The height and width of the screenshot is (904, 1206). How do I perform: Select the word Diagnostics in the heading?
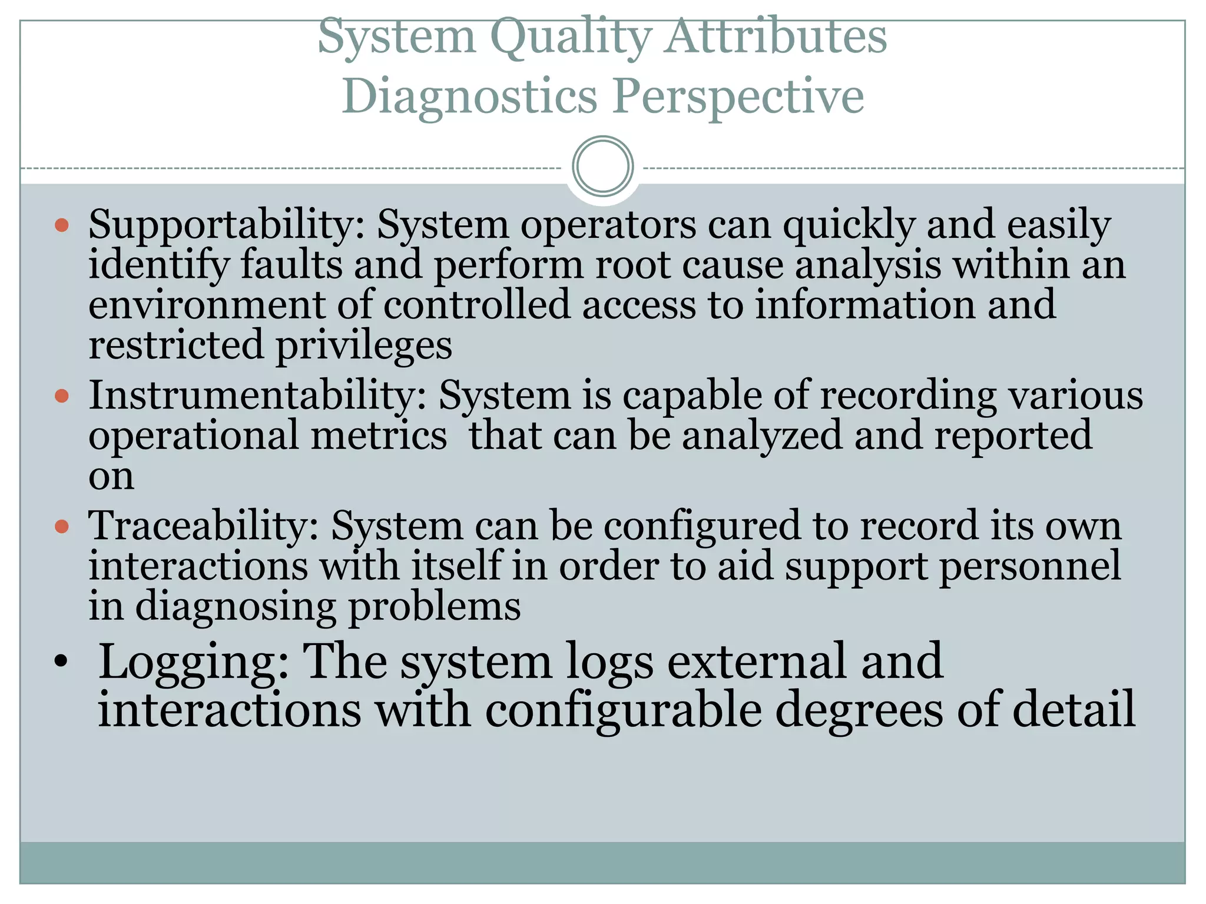point(470,97)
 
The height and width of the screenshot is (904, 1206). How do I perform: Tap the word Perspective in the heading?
point(738,97)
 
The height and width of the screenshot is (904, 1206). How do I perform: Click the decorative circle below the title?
point(602,167)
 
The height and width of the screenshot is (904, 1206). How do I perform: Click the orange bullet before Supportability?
point(62,225)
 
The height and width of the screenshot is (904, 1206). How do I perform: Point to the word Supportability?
point(227,226)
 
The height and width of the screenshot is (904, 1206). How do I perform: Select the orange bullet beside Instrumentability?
point(62,395)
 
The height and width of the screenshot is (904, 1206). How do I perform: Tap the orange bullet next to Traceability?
point(62,526)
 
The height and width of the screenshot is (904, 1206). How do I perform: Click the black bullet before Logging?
point(61,663)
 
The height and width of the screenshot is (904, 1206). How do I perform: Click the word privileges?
point(365,346)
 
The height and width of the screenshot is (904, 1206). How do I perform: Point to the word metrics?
point(379,436)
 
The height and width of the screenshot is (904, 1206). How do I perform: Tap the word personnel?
point(1030,567)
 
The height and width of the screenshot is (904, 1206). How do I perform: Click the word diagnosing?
point(236,607)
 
